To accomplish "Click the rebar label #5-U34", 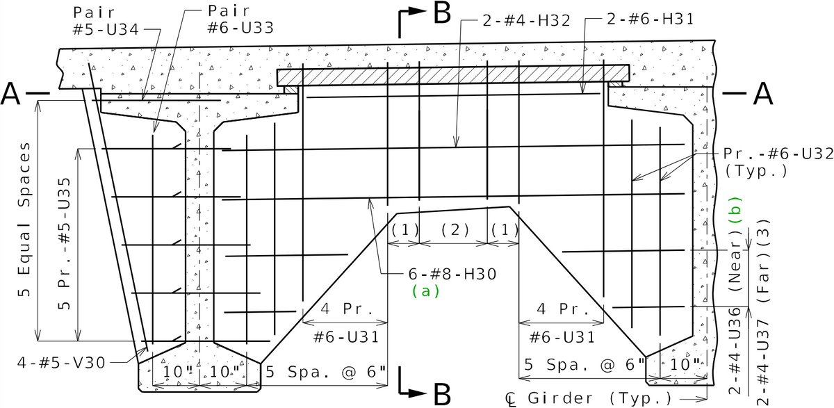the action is click(106, 29).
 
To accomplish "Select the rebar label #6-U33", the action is click(240, 28).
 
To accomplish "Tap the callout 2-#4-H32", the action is click(527, 20).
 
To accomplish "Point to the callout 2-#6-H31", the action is click(651, 19).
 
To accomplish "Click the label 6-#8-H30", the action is click(452, 275).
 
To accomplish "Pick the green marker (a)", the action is click(426, 291).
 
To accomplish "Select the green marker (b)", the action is click(735, 210).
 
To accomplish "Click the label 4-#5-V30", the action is click(61, 363).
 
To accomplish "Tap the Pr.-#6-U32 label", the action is click(778, 154).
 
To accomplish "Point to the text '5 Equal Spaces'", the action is click(24, 219).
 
